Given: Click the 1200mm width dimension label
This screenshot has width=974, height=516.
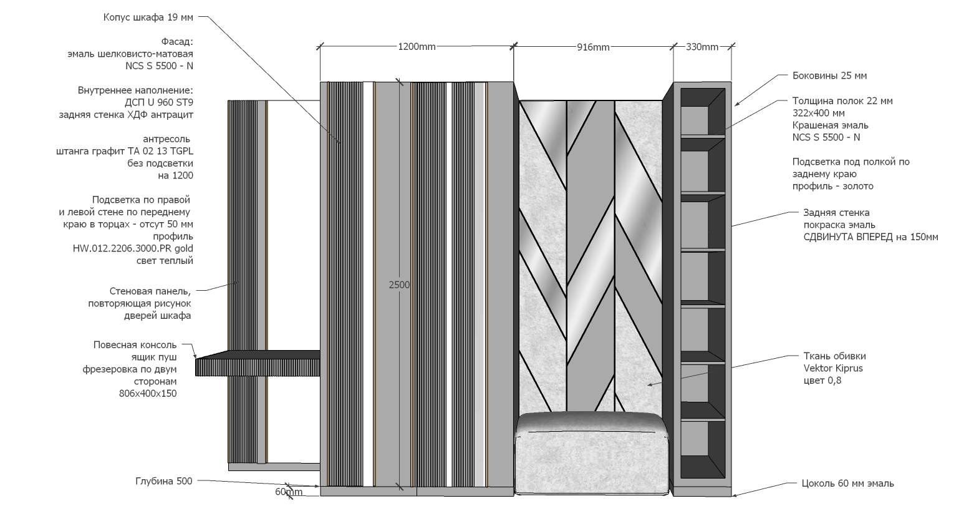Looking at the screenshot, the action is tap(417, 47).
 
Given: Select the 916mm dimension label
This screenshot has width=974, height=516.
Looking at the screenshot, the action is tap(593, 47).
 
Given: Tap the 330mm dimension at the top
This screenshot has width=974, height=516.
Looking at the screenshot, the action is tap(702, 47).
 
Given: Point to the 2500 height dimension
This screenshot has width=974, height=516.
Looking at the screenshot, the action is tap(399, 285).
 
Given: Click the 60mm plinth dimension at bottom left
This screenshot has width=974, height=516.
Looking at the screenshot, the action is tap(289, 492).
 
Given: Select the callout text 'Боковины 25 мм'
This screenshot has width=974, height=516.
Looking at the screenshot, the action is tap(829, 76).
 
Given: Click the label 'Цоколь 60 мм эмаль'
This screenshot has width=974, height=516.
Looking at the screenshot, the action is tap(847, 484).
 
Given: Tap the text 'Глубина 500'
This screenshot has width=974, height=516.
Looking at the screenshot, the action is tap(163, 481).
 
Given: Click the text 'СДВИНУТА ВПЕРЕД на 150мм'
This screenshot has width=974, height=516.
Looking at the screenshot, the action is tap(870, 237).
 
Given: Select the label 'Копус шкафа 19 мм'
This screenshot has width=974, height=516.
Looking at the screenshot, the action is tap(148, 17).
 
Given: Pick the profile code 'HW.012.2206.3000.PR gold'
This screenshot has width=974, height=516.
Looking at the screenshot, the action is tap(133, 249).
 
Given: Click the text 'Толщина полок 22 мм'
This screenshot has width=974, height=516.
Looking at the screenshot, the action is tap(842, 101).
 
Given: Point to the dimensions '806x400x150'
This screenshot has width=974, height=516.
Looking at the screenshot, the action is tap(147, 394).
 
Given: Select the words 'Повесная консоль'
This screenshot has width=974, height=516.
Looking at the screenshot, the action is tap(135, 345).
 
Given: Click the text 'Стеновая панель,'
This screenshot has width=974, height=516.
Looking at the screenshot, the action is tap(150, 291).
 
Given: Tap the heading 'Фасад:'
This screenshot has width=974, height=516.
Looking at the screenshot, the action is tap(177, 42).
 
